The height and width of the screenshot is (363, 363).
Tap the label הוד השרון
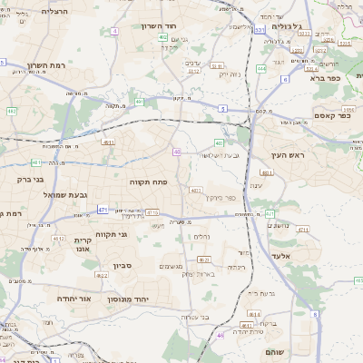click(158, 26)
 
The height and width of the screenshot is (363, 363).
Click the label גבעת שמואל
click(62, 194)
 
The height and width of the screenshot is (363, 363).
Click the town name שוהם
click(276, 350)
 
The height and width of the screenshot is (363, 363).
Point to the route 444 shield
click(261, 68)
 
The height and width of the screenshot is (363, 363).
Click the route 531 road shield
click(260, 30)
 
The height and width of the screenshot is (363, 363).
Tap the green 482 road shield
click(13, 111)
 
